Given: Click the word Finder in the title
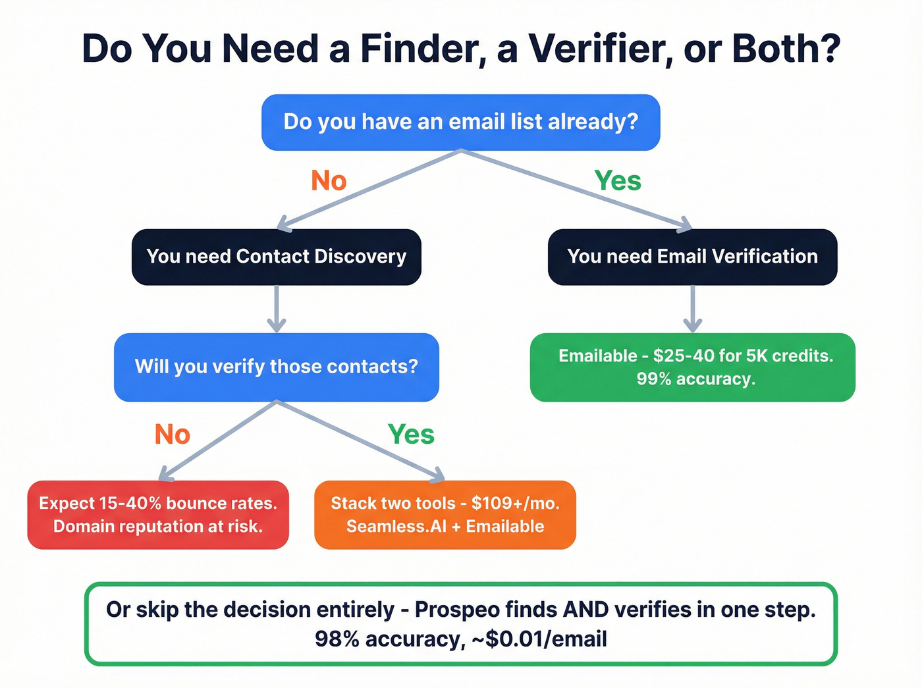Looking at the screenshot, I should point(423,49).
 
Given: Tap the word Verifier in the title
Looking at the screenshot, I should point(601,49).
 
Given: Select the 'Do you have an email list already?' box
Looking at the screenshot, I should point(460,122).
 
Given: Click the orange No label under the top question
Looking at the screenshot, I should point(329,180).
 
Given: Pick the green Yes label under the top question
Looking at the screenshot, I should point(618,180).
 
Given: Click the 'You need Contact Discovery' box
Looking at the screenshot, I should point(276,257).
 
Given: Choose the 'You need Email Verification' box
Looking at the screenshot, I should point(692,257).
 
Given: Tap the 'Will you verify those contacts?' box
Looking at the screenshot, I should point(276,367).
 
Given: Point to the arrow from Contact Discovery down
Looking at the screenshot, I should point(277,309).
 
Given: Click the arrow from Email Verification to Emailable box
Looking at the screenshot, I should point(692,309).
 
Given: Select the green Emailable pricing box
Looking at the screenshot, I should point(692,367).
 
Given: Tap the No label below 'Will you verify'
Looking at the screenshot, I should point(173,435).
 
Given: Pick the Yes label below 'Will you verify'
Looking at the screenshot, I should point(411,435).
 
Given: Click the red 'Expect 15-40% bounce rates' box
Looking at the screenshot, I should point(158,515).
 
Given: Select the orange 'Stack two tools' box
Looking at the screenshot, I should point(445,515).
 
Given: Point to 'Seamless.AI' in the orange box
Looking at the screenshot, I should point(396,527).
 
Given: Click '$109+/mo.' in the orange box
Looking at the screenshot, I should point(515,504).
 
